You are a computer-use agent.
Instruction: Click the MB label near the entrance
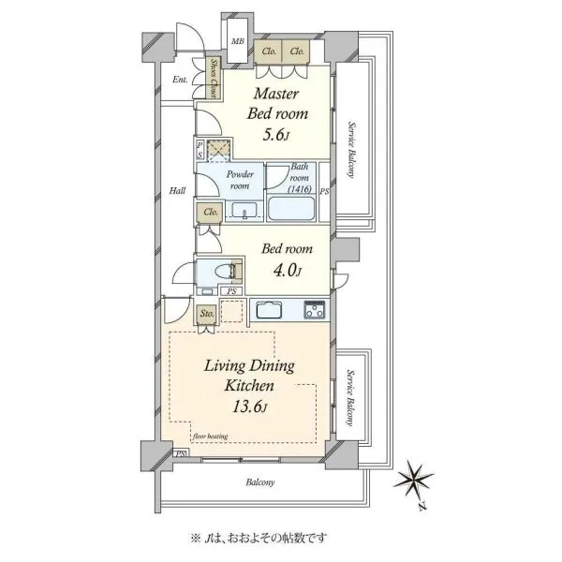[237, 41]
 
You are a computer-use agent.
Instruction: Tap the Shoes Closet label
[214, 78]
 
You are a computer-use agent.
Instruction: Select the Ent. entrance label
[180, 80]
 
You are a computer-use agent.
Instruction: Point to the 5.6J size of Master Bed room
[275, 135]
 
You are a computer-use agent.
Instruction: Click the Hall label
[177, 190]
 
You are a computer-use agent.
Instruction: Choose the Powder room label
[240, 180]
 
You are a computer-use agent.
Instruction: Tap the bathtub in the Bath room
[291, 209]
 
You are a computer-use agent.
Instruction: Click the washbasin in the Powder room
[244, 210]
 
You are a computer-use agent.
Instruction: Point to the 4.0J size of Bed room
[288, 270]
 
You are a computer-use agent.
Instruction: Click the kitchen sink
[269, 310]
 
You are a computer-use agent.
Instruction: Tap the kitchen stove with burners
[315, 310]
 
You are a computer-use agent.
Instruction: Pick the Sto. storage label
[207, 314]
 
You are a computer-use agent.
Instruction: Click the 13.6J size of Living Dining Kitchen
[250, 407]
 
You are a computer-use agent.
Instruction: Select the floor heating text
[210, 436]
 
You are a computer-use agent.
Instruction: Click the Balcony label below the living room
[260, 482]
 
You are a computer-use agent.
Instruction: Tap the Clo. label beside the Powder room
[211, 213]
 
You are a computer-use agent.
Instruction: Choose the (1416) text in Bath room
[300, 189]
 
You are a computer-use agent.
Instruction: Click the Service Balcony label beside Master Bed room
[351, 150]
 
